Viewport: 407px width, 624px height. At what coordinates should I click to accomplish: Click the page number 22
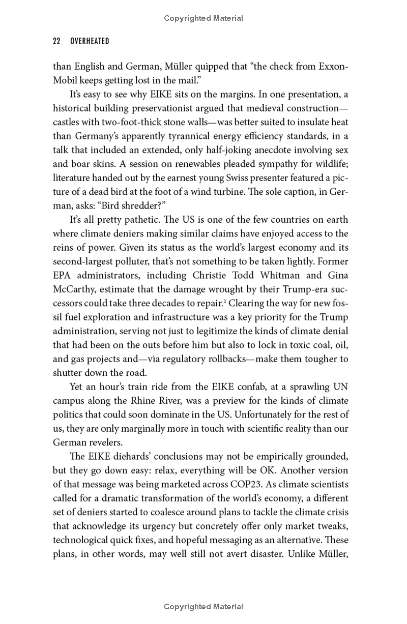(57, 41)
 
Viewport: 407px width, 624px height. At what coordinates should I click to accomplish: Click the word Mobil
(66, 80)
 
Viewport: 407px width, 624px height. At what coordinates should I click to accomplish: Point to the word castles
(67, 123)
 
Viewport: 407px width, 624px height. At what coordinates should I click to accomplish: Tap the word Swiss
(256, 178)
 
